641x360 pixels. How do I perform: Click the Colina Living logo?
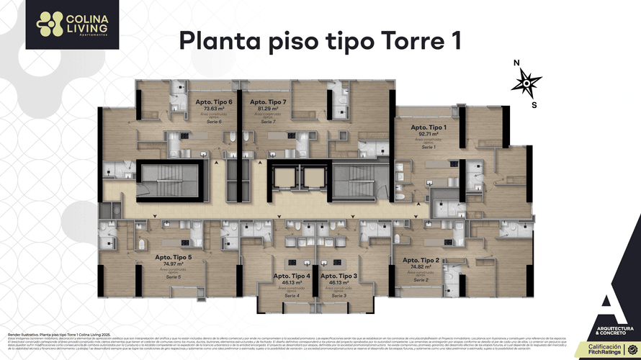point(62,24)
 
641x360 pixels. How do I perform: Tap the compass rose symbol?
point(526,84)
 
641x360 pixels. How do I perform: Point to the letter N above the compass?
point(516,63)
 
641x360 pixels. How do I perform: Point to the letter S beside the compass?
point(534,105)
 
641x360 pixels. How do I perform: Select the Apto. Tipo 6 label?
point(214,102)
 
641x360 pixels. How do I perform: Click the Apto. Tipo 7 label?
point(269,102)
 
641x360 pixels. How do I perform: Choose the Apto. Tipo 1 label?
point(429,127)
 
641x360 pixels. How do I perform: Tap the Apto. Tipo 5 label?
point(173,257)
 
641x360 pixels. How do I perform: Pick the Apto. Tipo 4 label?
point(292,276)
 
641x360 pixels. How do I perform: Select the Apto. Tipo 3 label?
point(339,276)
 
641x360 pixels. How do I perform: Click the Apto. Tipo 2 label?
point(421,259)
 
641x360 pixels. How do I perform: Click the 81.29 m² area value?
point(269,109)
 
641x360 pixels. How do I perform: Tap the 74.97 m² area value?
point(173,264)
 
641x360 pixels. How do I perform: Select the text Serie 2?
point(421,279)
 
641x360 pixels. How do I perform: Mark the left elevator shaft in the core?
point(287,177)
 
